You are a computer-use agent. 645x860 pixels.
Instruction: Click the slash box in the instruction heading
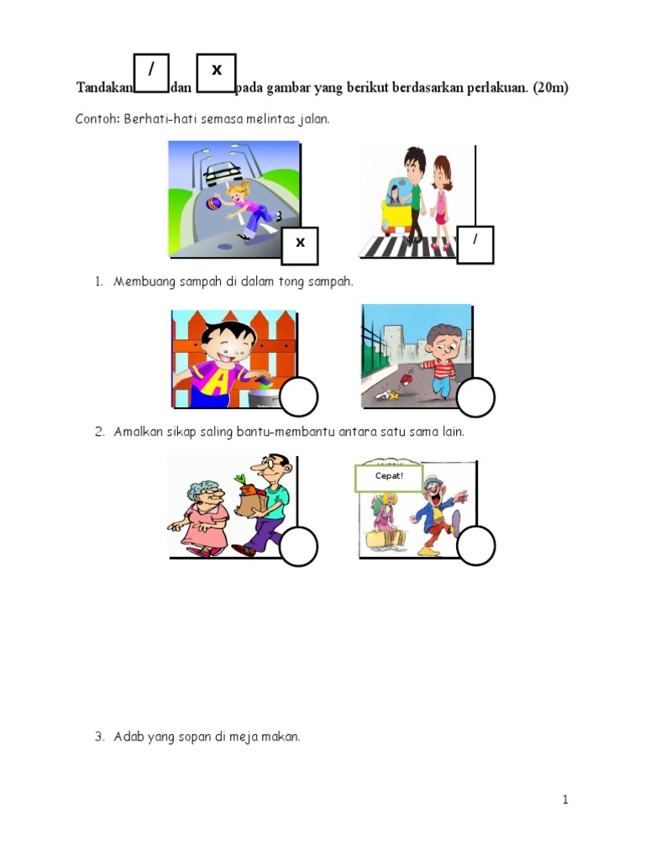click(151, 73)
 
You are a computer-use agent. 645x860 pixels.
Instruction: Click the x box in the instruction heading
click(216, 73)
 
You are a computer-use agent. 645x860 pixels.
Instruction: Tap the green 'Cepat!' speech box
click(389, 478)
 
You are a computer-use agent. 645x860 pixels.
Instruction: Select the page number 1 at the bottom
click(565, 800)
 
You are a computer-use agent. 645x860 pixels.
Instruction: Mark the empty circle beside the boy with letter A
click(298, 397)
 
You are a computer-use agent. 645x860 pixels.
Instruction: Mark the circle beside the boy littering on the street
click(475, 397)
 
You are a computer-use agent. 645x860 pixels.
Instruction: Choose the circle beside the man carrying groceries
click(298, 547)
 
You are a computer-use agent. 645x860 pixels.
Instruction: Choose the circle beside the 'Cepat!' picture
click(475, 545)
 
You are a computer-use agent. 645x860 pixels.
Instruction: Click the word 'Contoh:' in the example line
click(98, 119)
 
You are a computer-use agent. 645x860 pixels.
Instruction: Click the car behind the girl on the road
click(223, 173)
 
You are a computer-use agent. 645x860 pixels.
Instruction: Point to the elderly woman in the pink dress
click(202, 516)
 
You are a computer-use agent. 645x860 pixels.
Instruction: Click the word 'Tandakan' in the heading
click(104, 87)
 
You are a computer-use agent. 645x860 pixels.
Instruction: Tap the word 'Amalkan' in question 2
click(139, 432)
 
